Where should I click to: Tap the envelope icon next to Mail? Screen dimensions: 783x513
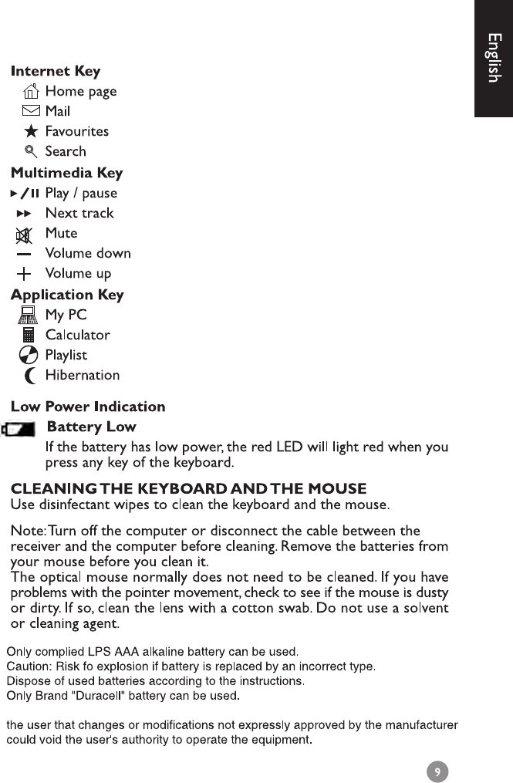coord(32,111)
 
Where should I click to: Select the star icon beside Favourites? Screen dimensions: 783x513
coord(32,131)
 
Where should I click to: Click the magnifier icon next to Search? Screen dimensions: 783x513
coord(32,151)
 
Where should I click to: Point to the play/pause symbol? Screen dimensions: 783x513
coord(25,193)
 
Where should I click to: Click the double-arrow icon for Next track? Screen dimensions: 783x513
coord(24,213)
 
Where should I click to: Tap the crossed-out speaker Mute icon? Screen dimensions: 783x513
coord(25,234)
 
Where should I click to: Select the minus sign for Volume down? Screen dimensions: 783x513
coord(25,253)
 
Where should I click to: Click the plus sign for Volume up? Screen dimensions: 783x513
coord(25,273)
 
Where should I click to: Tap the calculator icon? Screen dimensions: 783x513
coord(29,335)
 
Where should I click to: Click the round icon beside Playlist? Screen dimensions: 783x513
coord(29,356)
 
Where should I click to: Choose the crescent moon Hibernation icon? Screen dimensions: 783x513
coord(30,376)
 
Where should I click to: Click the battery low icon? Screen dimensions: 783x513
coord(19,429)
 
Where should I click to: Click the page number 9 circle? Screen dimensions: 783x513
coord(437,771)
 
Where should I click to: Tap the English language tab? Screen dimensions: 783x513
coord(494,58)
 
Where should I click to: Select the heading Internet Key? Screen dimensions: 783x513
coord(56,72)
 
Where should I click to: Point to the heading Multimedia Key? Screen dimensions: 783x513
coord(66,173)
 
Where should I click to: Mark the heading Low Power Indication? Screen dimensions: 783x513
coord(87,407)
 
